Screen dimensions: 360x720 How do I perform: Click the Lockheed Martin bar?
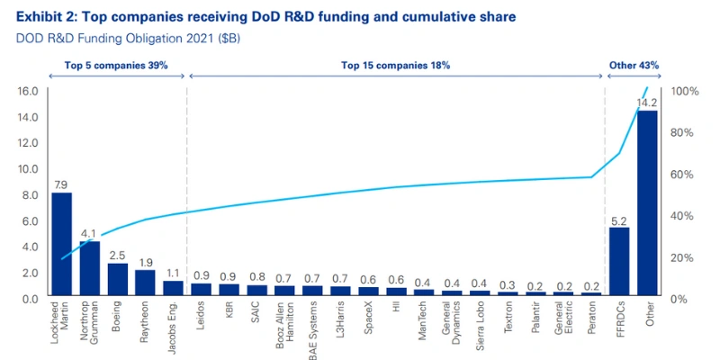point(61,244)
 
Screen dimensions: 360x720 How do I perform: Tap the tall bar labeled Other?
point(647,203)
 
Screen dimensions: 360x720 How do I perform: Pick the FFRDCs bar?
point(619,262)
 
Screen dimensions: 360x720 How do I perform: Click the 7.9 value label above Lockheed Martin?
point(61,184)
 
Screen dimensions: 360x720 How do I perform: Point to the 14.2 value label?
point(647,103)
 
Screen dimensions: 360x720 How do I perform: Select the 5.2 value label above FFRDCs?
point(619,220)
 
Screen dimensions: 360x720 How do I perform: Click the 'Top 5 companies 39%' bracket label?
point(115,66)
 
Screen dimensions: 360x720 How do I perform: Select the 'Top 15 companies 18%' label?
point(395,66)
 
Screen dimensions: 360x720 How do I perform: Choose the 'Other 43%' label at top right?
point(634,66)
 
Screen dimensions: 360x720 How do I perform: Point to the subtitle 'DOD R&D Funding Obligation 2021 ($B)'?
point(126,40)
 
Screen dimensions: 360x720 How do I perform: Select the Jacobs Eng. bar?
point(173,289)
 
